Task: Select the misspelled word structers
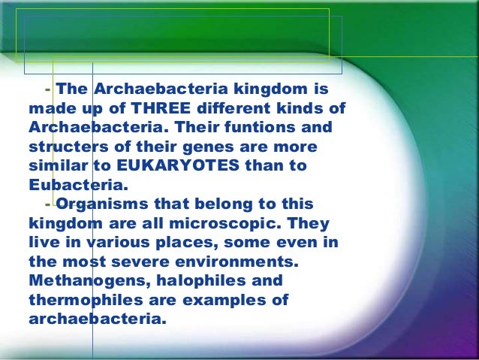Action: click(x=66, y=146)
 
